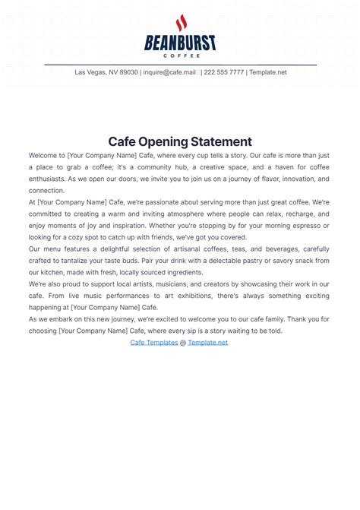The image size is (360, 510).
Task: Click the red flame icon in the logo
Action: tap(181, 24)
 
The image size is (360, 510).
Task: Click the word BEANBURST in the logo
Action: tap(180, 43)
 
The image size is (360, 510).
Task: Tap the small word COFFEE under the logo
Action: tap(180, 55)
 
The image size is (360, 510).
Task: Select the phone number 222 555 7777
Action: tap(223, 73)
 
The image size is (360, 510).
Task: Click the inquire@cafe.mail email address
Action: tap(171, 73)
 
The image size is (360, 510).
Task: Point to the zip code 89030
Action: tap(127, 73)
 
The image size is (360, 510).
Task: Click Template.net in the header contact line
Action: tap(268, 73)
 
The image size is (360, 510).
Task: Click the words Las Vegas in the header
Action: tap(90, 73)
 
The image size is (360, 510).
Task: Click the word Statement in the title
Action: tap(223, 141)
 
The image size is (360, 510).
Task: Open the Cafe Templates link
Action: tap(154, 343)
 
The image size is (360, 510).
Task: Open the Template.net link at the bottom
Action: tap(208, 343)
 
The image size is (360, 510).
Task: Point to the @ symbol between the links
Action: tap(183, 343)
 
